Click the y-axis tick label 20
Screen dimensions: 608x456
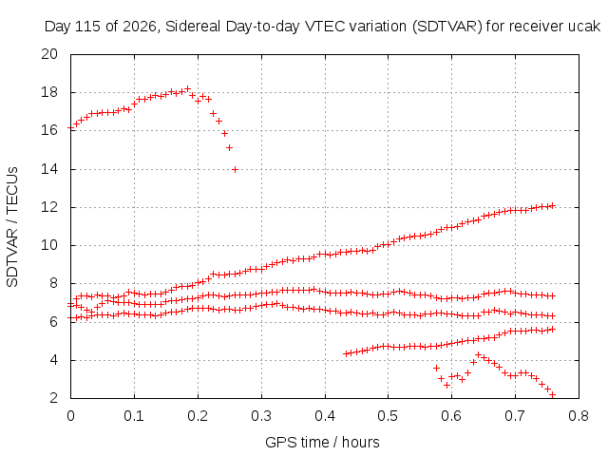(49, 54)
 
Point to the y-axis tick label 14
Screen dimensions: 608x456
(49, 169)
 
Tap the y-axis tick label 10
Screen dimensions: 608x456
(49, 245)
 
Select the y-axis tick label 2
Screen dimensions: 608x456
(53, 398)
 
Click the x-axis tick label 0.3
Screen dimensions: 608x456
(261, 416)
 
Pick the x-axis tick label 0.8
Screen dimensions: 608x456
(579, 416)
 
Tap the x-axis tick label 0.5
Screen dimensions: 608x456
(389, 416)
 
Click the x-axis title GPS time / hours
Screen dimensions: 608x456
(322, 442)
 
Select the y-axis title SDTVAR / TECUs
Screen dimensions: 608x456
(12, 227)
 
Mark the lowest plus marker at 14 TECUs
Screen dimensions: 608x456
(235, 169)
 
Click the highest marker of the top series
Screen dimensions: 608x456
(188, 88)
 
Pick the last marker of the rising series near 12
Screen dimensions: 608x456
(553, 205)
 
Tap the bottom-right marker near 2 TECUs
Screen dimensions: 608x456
(553, 394)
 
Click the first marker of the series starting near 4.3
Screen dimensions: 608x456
(346, 353)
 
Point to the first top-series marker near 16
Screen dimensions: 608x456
(71, 127)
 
